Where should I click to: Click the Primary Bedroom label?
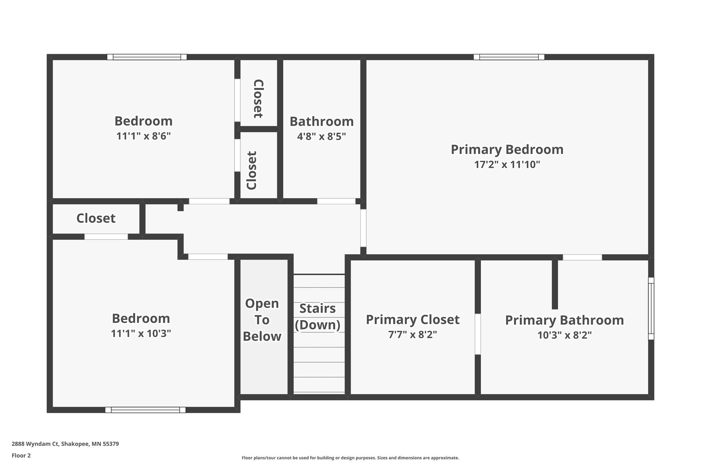(507, 150)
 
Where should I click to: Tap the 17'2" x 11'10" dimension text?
(507, 165)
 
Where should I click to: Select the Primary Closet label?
(412, 320)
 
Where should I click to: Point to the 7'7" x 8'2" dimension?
(412, 335)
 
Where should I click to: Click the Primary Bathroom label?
(564, 320)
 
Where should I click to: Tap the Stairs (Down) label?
(318, 317)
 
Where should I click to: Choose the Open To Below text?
(262, 320)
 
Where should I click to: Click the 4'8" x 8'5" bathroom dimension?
(321, 137)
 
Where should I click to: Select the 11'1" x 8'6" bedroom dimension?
(143, 136)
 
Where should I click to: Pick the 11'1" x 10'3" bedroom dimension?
(141, 334)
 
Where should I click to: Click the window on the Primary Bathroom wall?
(651, 308)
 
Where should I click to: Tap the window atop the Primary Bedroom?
(509, 57)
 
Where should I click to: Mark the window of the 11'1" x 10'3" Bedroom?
(145, 410)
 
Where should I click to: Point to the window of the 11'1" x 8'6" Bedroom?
(147, 57)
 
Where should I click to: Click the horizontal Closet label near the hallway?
(96, 218)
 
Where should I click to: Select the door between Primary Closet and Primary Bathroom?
(477, 334)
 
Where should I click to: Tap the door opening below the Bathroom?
(336, 201)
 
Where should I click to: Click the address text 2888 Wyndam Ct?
(65, 444)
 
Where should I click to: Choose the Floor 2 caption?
(21, 455)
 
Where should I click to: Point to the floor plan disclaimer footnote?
(350, 458)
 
